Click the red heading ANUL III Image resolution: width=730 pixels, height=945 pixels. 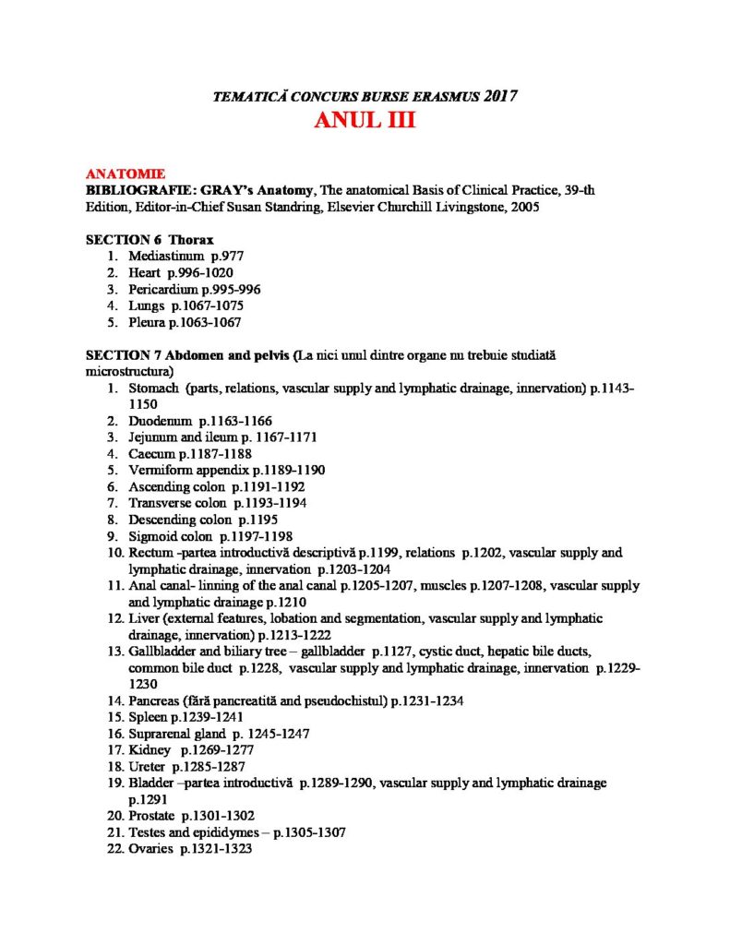[364, 122]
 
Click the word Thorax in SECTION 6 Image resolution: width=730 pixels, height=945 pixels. [191, 240]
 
